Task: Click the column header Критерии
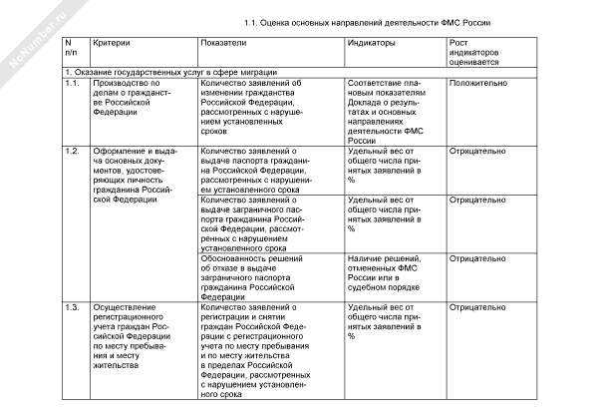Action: pos(112,45)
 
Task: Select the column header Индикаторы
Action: pos(371,45)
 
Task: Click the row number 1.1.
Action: pos(71,84)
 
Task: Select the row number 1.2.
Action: pos(71,151)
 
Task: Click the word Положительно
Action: pos(478,84)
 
